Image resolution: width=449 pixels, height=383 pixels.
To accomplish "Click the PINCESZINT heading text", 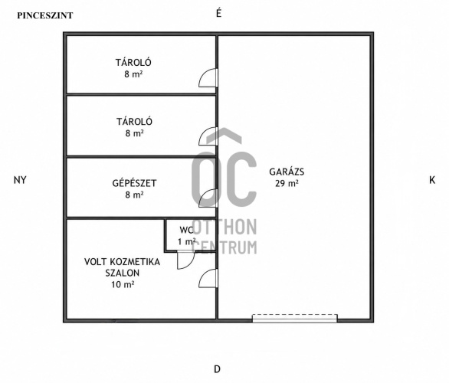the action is point(45,15).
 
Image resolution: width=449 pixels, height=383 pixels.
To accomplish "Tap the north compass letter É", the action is point(218,13).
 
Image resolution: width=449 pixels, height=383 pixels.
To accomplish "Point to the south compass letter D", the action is point(218,369).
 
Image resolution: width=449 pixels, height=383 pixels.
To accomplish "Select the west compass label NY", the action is point(20,180).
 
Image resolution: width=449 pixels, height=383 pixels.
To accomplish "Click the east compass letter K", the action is point(432,180).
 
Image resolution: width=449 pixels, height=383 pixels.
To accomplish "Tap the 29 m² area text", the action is point(287,183).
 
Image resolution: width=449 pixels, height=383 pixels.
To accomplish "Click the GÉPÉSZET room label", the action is point(134,182).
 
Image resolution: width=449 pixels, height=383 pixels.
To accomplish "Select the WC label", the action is point(186,230).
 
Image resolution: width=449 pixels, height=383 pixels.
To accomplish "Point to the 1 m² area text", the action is point(186,242).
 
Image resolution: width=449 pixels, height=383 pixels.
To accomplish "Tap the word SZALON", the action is point(123,273).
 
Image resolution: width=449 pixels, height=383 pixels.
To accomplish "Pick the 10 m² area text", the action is point(123,284).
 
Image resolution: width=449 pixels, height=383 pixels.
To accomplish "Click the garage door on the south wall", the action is point(295,319).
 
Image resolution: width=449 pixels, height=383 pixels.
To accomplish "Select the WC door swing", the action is point(186,260).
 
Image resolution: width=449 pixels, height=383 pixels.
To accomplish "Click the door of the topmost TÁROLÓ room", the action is point(208,78).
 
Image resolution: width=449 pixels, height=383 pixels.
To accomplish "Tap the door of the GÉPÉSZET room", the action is point(208,198).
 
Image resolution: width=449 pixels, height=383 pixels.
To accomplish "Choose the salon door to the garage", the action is point(208,278).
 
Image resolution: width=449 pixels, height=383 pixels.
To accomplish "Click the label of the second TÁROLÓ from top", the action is point(134,121).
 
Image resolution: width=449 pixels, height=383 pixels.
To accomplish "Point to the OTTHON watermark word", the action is point(224,227).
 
